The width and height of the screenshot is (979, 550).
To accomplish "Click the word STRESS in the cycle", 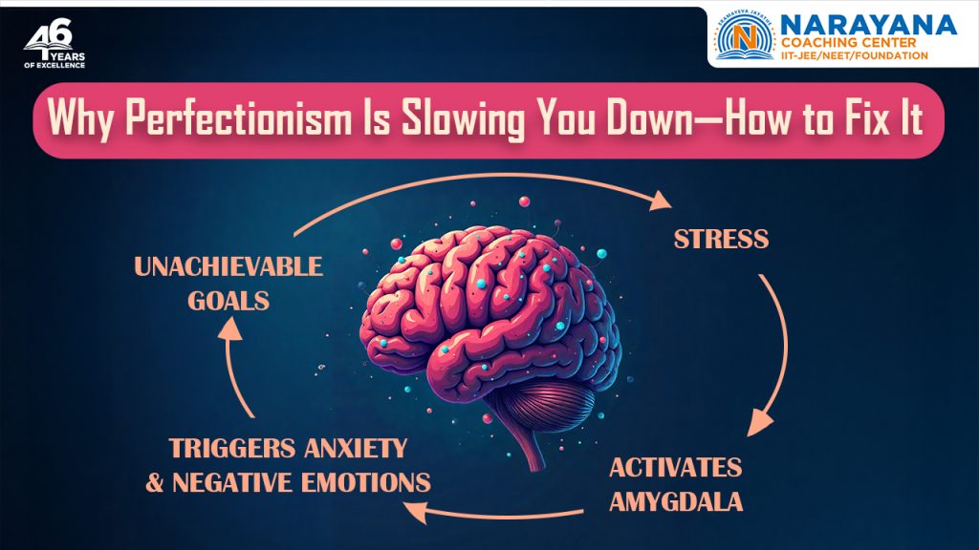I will click(721, 239).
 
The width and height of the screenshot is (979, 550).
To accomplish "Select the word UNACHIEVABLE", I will click(228, 266).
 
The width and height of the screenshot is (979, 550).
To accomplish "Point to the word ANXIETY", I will click(354, 448).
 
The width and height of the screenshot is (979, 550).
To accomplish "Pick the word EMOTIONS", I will click(363, 482).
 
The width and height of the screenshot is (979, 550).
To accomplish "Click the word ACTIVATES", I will click(675, 467).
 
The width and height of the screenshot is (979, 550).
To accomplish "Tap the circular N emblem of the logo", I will click(746, 37).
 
